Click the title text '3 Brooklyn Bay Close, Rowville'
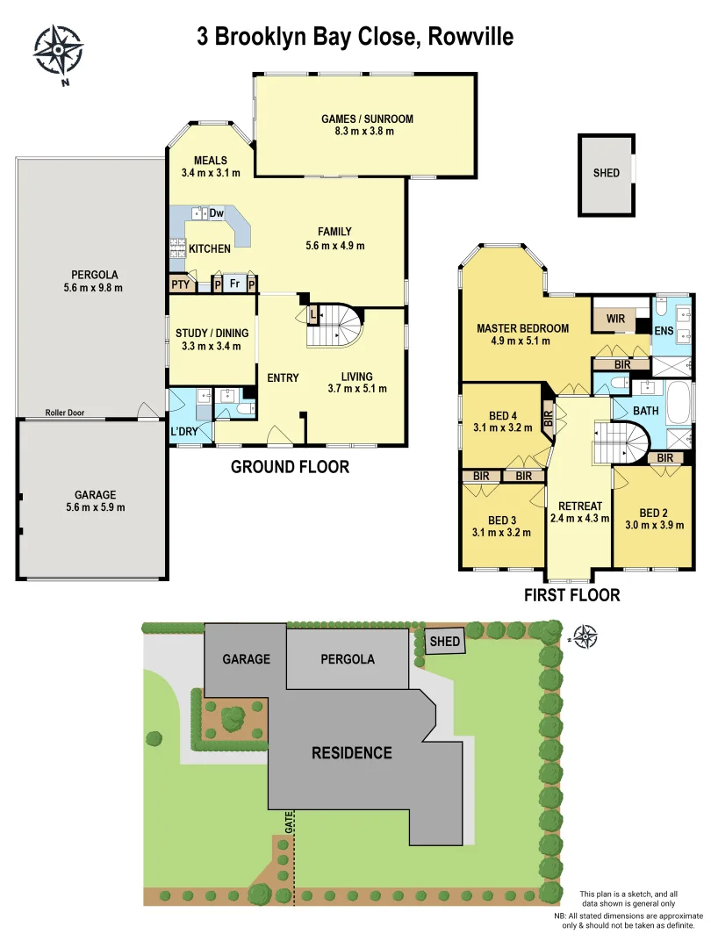(x=355, y=37)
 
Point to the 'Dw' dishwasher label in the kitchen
(x=217, y=213)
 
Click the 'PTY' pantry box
(x=180, y=284)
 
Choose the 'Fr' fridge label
(x=234, y=284)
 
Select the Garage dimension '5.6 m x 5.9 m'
(x=95, y=507)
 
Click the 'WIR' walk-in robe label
(x=615, y=319)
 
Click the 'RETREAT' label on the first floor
(x=580, y=506)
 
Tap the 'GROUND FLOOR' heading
(x=290, y=467)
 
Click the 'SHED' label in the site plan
(x=445, y=642)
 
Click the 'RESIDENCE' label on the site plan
(x=352, y=752)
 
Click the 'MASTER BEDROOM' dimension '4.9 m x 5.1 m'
(x=523, y=341)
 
